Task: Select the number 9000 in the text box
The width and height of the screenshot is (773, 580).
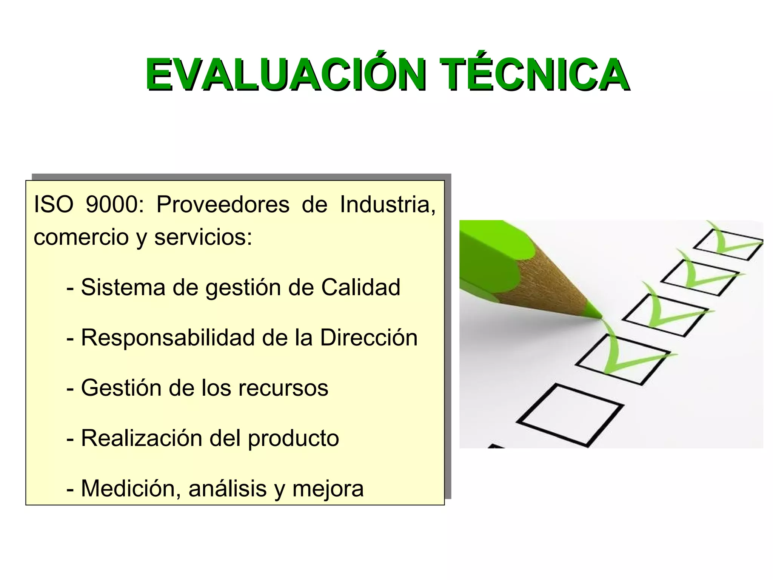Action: pyautogui.click(x=114, y=205)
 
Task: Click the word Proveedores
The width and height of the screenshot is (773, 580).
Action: pyautogui.click(x=223, y=205)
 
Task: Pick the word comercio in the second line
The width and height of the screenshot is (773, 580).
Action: pyautogui.click(x=81, y=238)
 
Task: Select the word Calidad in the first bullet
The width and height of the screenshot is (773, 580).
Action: pyautogui.click(x=360, y=287)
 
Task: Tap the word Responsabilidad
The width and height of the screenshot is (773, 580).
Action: pyautogui.click(x=168, y=338)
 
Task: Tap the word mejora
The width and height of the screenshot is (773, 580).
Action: pyautogui.click(x=328, y=489)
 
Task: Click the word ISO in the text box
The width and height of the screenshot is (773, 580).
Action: pyautogui.click(x=53, y=205)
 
